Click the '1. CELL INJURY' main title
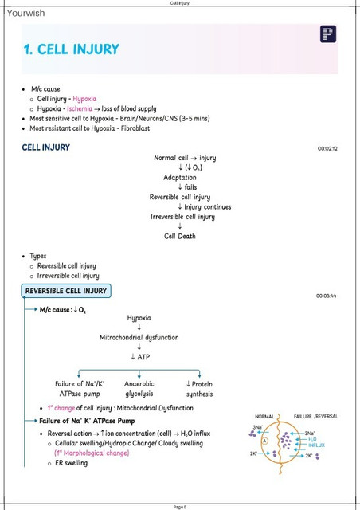coord(71,49)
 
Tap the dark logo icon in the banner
coord(328,33)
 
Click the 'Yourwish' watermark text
coord(25,13)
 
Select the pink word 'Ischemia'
coord(80,108)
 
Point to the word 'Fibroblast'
coord(135,128)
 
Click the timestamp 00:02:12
coord(327,149)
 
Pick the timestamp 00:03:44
coord(327,296)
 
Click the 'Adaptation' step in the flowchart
coord(180,177)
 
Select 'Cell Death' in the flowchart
coord(180,236)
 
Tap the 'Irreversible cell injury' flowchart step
coord(182,217)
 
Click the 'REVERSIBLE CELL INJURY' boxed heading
coord(66,291)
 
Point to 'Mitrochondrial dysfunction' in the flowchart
coord(139,338)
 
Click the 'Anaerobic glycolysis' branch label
coord(139,389)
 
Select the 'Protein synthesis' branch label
coord(199,389)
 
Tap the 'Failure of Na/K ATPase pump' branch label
coord(80,389)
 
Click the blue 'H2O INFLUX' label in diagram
coord(316,442)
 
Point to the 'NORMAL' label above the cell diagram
coord(264,416)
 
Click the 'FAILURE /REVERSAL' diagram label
coord(315,416)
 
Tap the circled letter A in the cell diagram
coord(264,441)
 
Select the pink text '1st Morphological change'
coord(92,453)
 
